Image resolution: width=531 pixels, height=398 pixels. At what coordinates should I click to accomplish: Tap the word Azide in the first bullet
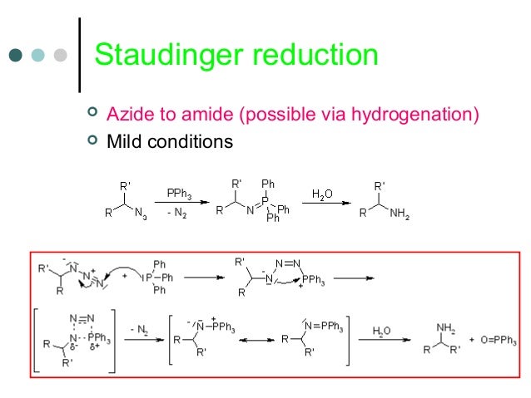(x=126, y=114)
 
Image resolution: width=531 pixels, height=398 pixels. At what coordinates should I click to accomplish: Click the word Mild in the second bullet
(x=123, y=142)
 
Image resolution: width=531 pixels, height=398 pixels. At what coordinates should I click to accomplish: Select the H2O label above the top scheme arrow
(x=322, y=194)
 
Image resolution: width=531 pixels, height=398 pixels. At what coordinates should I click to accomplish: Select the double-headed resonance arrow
(x=258, y=341)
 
